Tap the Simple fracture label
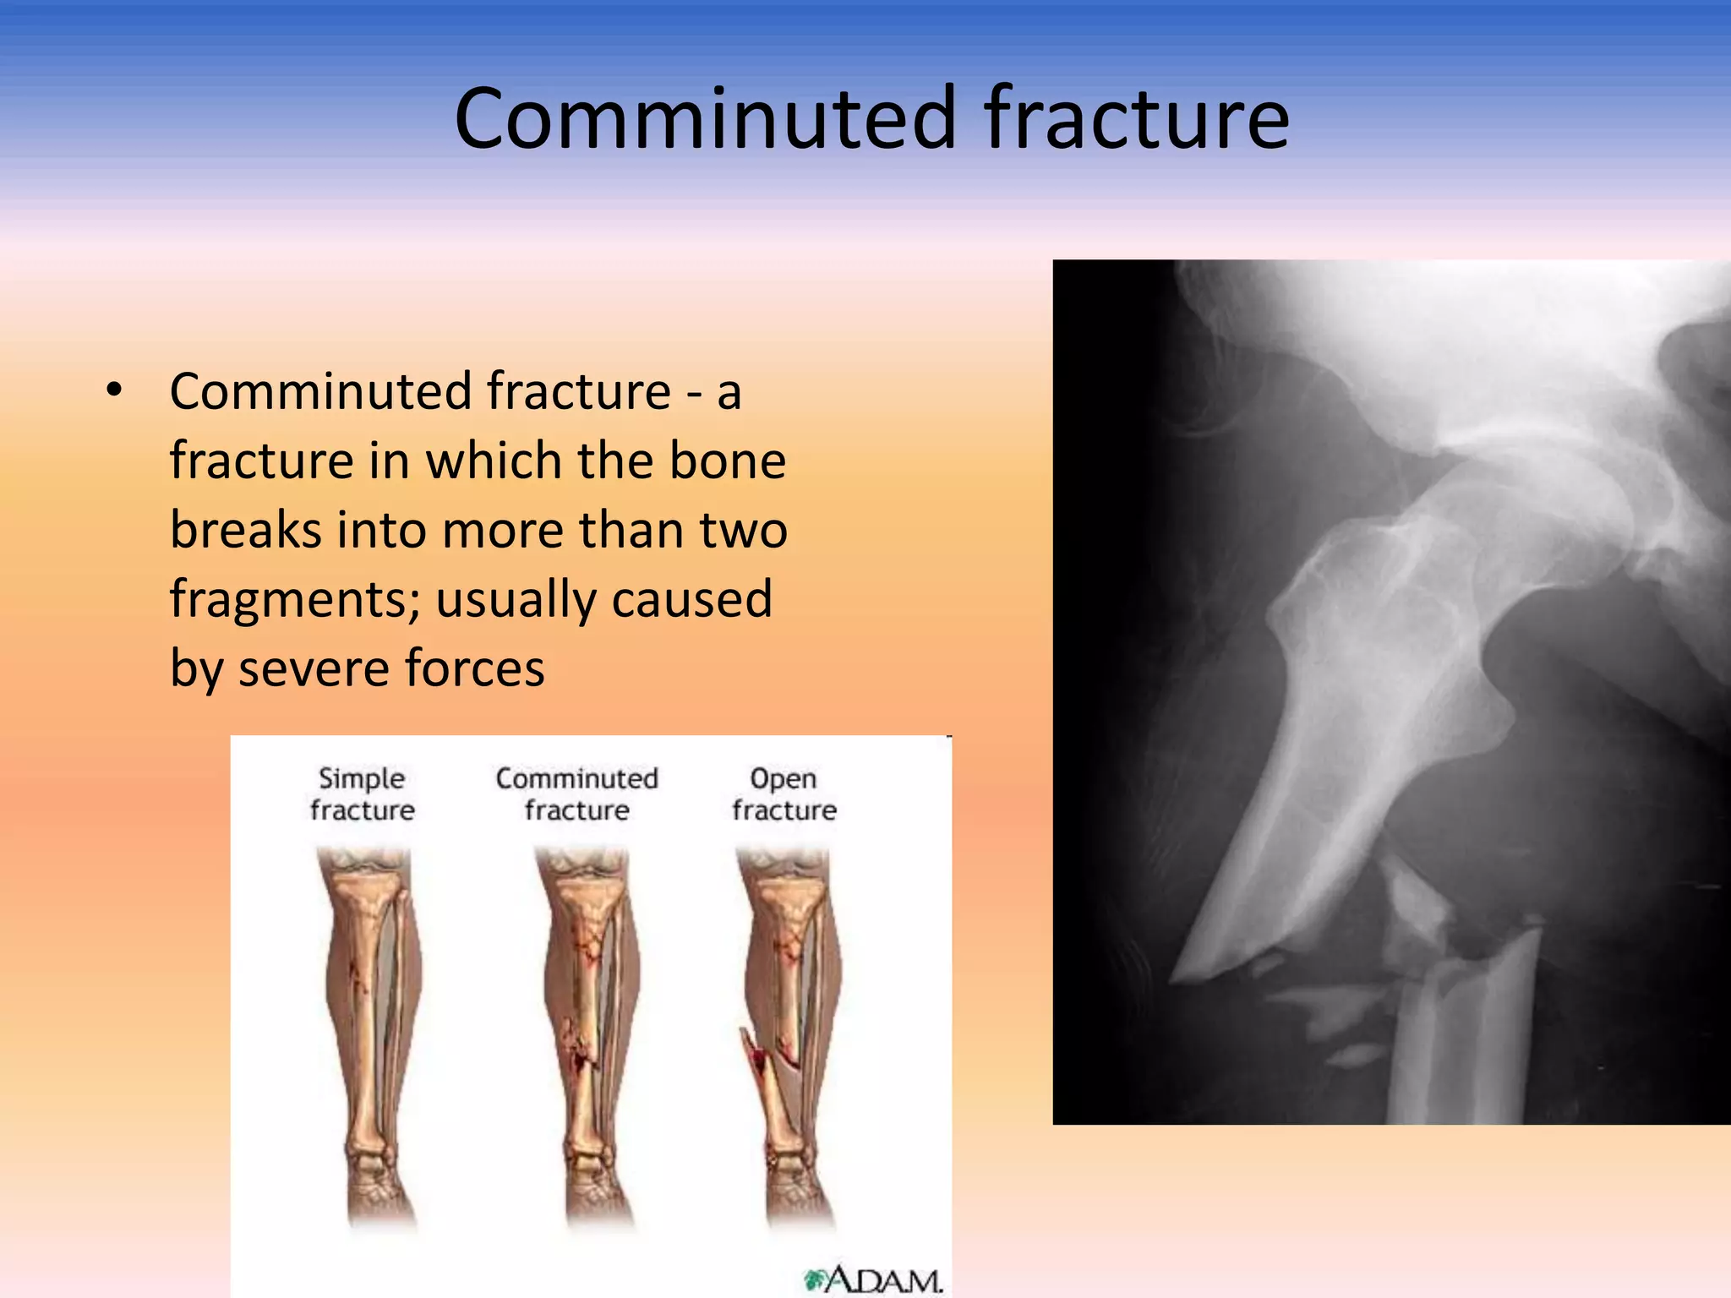(x=362, y=794)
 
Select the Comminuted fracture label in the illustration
(x=576, y=794)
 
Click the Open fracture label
(x=784, y=794)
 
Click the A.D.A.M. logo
(x=874, y=1279)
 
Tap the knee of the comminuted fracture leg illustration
(x=582, y=879)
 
